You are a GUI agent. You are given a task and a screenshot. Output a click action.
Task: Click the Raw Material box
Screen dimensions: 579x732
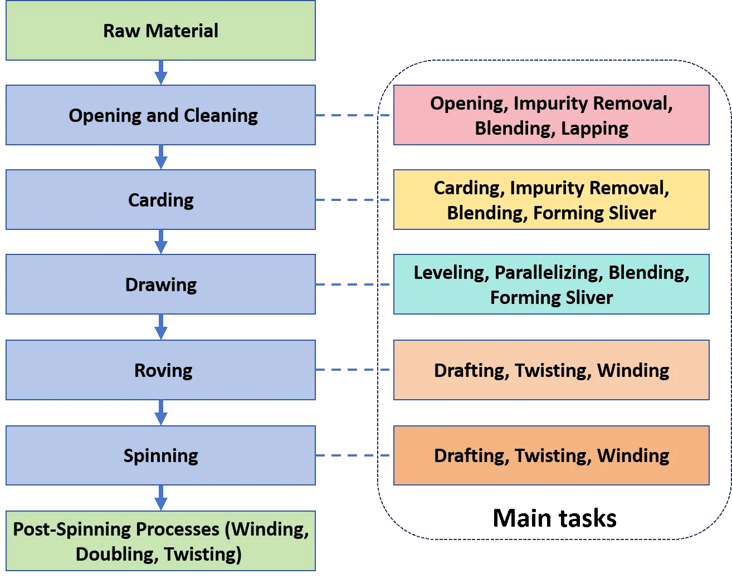(x=160, y=31)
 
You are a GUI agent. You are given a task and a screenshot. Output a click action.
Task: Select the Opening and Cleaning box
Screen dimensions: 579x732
(x=160, y=116)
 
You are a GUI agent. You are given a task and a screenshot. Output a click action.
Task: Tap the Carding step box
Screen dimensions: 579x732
(x=160, y=200)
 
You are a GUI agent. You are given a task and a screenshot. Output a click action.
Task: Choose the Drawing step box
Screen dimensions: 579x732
(x=160, y=285)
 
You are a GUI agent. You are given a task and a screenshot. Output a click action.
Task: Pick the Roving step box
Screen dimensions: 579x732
(x=160, y=370)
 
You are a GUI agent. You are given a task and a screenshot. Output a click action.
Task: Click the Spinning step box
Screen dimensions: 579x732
(x=160, y=455)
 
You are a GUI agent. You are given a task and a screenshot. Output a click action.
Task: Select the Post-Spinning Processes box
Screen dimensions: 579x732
(x=160, y=541)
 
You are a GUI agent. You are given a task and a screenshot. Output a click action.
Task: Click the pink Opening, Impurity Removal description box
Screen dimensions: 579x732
(x=552, y=116)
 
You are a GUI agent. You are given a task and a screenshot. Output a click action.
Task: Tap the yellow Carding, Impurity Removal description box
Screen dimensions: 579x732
(x=552, y=200)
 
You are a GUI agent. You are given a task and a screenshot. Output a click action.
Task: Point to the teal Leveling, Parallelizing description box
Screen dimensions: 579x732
(x=552, y=285)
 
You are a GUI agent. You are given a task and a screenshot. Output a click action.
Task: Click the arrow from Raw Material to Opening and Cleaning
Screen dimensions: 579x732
(x=161, y=73)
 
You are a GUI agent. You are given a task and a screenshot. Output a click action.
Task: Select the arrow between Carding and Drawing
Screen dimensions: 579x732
(x=161, y=243)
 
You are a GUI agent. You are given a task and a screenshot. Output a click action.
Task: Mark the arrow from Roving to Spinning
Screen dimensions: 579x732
(x=161, y=413)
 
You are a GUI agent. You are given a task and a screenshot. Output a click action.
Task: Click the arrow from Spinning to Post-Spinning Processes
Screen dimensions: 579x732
(x=161, y=497)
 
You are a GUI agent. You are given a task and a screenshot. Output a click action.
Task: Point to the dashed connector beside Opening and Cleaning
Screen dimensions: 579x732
(x=354, y=116)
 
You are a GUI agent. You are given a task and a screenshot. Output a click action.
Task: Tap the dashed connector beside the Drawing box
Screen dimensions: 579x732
(x=354, y=285)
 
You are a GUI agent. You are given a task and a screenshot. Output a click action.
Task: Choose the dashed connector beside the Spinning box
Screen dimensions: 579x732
(x=354, y=457)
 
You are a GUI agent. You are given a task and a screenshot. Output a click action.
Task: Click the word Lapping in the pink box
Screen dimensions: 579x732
(x=594, y=129)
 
